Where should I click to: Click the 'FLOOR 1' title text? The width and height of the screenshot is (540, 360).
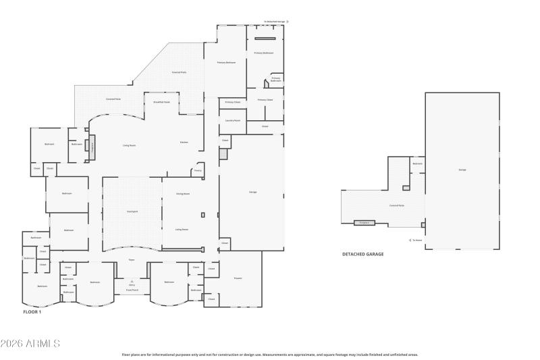pos(32,313)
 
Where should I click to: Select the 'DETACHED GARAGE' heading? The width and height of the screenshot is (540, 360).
pos(363,254)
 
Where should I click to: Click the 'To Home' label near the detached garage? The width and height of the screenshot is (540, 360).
pos(417,240)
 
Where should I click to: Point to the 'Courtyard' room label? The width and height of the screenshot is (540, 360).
pos(132,211)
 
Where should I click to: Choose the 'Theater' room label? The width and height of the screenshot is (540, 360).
pos(238,278)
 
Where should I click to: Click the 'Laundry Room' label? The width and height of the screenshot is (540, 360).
pos(232,120)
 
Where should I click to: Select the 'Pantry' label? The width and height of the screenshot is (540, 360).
pos(198,170)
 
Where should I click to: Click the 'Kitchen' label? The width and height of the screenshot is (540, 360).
pos(184,142)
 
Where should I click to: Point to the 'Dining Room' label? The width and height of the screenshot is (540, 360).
pos(182,194)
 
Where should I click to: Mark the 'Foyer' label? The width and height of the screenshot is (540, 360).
pos(132,260)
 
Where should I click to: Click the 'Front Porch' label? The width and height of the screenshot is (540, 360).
pos(132,290)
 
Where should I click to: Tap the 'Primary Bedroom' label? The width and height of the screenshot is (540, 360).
pos(226,62)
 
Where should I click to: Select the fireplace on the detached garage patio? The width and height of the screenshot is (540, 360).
pos(364,222)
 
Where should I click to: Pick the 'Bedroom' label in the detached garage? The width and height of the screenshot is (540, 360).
pos(417,163)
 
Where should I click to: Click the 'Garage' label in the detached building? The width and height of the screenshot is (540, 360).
pos(462,170)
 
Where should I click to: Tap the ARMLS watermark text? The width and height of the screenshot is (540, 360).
pos(30,344)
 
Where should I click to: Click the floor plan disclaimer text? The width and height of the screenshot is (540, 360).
pos(270,354)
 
